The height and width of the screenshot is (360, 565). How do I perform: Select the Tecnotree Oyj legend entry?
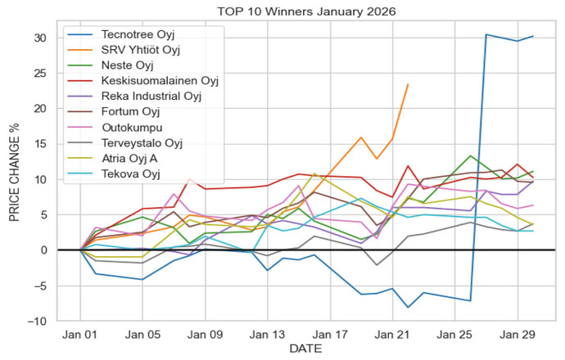pyautogui.click(x=138, y=37)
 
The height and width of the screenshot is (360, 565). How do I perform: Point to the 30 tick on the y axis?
pyautogui.click(x=48, y=38)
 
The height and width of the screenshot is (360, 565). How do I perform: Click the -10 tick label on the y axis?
pyautogui.click(x=45, y=321)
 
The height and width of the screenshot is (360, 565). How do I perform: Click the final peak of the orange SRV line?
pyautogui.click(x=408, y=84)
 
